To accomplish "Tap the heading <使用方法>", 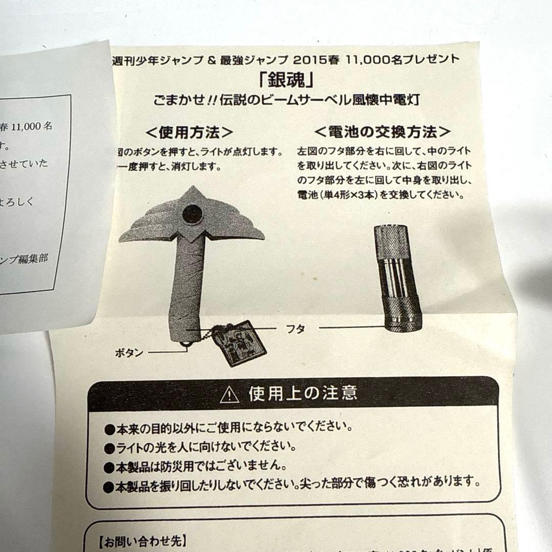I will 190,132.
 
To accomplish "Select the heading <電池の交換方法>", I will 383,132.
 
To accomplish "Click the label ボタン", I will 129,353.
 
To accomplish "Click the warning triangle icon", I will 229,395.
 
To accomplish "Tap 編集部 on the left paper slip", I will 36,259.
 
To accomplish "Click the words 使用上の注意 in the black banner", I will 303,394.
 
